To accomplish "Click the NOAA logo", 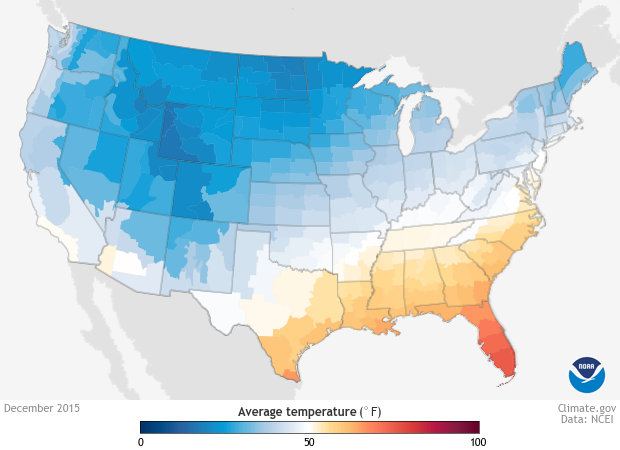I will (x=587, y=373).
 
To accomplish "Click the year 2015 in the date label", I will (x=68, y=408).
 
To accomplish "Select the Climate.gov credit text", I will (x=587, y=408).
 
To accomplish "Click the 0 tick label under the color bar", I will (x=141, y=441).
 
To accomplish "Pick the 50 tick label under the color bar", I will (x=309, y=441).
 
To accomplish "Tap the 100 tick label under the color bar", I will (x=477, y=441).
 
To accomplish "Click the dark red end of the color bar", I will (x=474, y=427).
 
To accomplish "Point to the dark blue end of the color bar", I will (x=145, y=427).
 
